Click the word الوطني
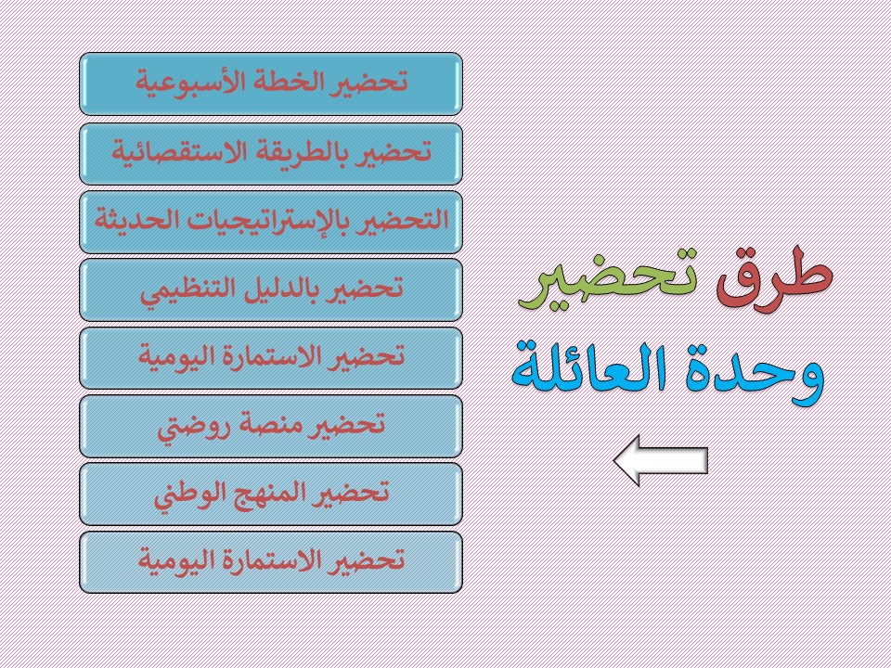pyautogui.click(x=190, y=493)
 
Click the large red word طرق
pyautogui.click(x=775, y=279)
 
